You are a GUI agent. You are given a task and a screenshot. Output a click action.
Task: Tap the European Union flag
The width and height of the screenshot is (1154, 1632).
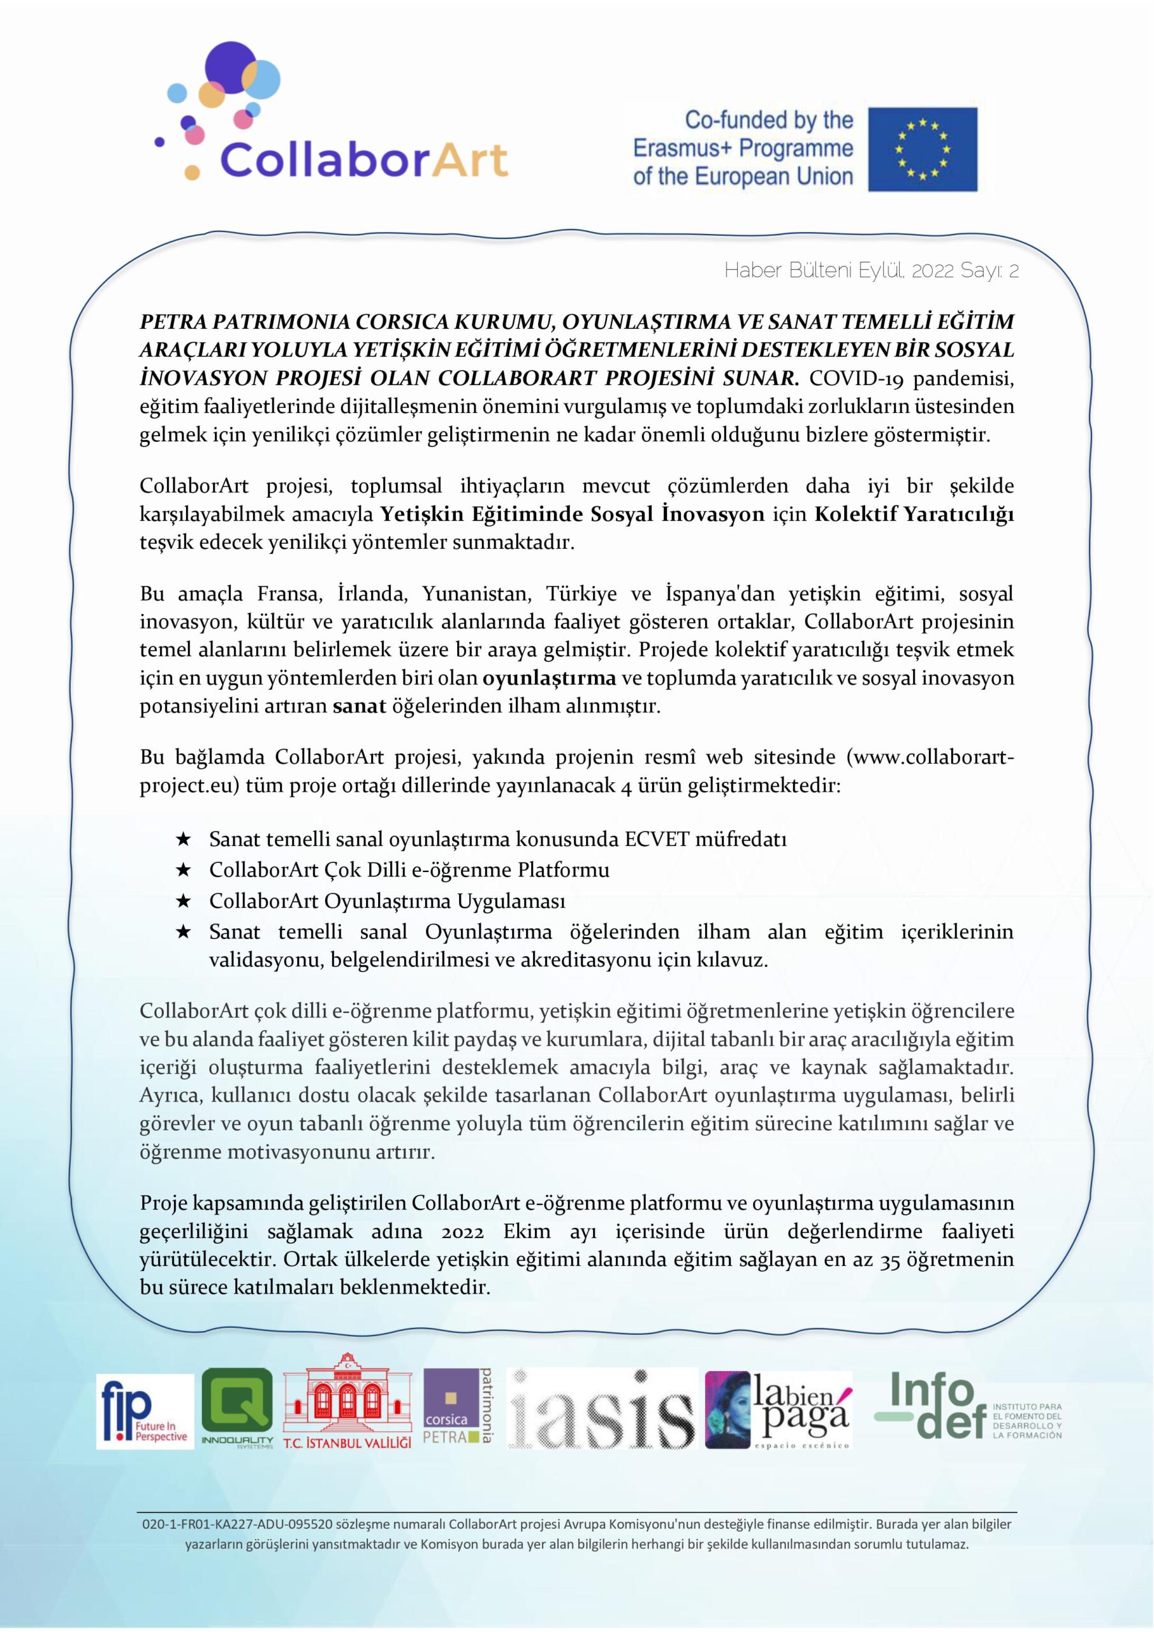click(922, 149)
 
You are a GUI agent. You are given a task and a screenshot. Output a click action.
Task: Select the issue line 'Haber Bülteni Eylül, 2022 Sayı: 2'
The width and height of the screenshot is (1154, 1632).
click(871, 271)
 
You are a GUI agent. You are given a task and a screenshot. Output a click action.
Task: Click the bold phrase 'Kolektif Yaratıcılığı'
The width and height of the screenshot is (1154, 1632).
click(914, 514)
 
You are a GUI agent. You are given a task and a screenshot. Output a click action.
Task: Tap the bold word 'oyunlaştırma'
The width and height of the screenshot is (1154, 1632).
click(549, 678)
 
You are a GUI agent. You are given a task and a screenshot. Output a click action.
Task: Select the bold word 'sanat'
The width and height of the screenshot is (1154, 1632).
click(359, 706)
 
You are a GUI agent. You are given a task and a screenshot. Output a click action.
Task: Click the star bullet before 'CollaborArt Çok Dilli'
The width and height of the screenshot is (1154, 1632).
click(183, 871)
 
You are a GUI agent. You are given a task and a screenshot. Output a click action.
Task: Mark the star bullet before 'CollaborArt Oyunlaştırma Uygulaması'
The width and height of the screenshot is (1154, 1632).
click(183, 902)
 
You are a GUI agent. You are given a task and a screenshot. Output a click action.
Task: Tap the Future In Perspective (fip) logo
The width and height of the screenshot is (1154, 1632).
click(145, 1411)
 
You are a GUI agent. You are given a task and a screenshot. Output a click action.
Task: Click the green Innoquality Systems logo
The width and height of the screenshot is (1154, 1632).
click(237, 1409)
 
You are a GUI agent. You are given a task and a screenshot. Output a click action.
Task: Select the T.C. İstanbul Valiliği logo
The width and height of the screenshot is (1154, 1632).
click(347, 1409)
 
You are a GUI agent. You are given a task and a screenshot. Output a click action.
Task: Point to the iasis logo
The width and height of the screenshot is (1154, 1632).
click(601, 1409)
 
